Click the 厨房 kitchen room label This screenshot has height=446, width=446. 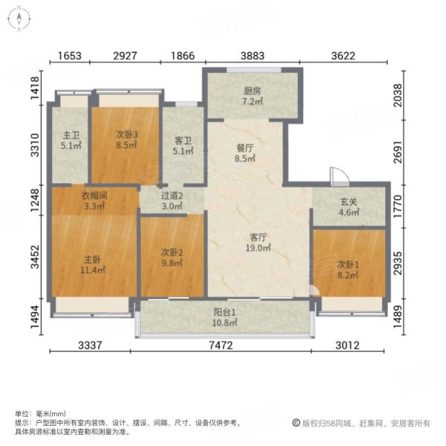pos(253,92)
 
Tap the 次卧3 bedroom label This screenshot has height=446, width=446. pos(126,135)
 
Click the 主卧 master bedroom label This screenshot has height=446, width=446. pos(93,259)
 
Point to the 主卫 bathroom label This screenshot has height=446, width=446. pos(71,135)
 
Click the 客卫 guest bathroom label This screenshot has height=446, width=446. pos(183,140)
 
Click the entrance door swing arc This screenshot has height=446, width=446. pos(339,175)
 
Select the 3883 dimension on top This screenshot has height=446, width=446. pos(252,56)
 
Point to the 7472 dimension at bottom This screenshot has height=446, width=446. pos(224,344)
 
